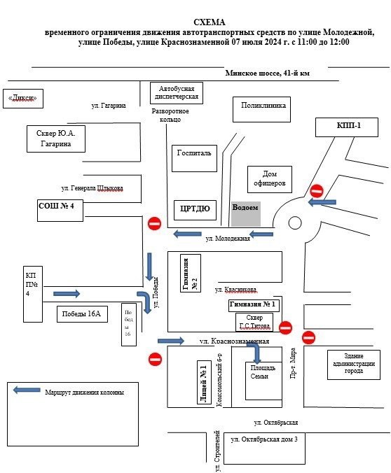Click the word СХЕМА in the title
209,22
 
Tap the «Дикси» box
23,99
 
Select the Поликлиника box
261,109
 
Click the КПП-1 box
347,127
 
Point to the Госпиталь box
194,158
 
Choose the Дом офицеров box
270,180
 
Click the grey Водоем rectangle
246,214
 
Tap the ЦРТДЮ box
195,210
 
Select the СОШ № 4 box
60,211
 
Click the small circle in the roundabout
295,223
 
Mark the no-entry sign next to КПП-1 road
317,191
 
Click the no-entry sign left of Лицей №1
156,359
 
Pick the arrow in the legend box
27,390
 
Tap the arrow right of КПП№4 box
67,293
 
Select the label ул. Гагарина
109,106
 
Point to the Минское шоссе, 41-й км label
268,73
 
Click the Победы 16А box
82,314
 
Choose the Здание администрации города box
354,365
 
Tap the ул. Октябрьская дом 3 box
264,449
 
